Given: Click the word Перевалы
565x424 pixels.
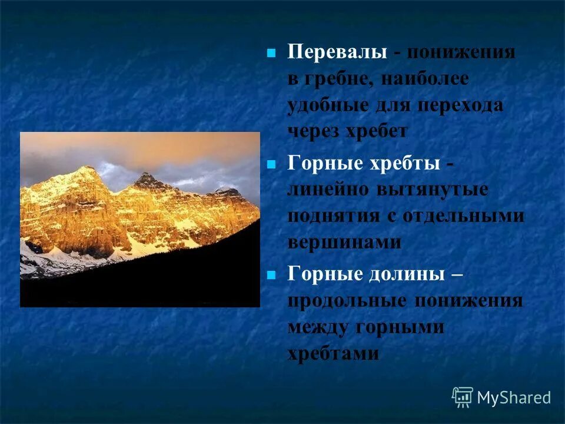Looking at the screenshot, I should tap(337, 52).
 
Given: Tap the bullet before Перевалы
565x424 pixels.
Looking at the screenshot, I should tap(271, 53).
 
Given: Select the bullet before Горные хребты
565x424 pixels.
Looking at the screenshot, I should tap(271, 164).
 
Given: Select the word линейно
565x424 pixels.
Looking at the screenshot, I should tap(325, 190).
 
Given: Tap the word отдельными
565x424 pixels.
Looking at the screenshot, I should tap(464, 216).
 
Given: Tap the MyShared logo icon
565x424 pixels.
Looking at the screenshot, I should tap(463, 397).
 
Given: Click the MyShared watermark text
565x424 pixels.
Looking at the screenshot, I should tap(514, 397).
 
